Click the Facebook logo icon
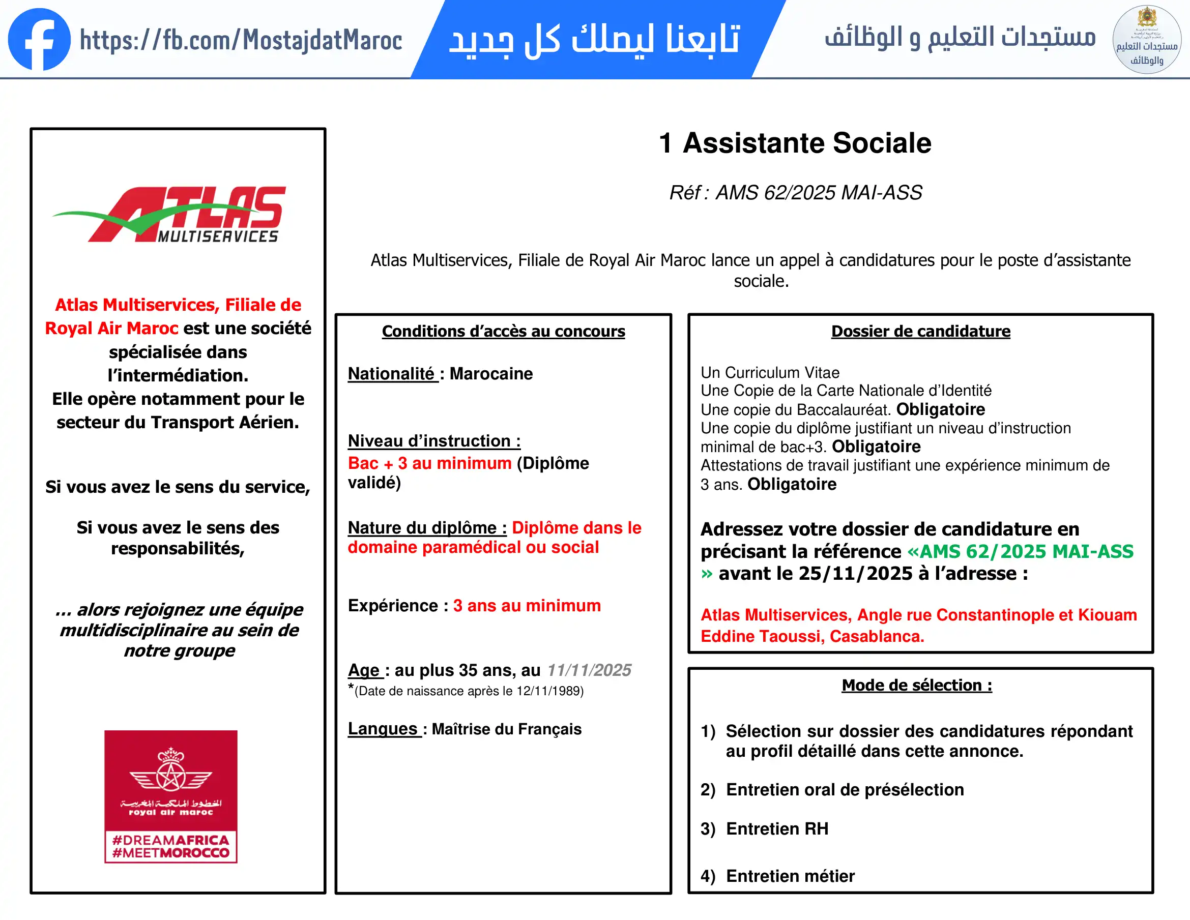39,39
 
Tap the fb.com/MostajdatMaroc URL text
241,40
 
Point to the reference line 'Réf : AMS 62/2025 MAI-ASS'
795,193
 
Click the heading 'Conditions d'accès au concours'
503,331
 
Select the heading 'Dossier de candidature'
920,331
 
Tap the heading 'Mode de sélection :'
916,685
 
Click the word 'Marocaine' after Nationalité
491,374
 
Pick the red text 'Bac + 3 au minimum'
429,463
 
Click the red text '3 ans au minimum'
527,606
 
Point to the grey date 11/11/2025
589,670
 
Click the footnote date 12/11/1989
548,691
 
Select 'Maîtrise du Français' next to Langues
506,729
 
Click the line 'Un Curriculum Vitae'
769,373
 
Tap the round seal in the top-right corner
1146,40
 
